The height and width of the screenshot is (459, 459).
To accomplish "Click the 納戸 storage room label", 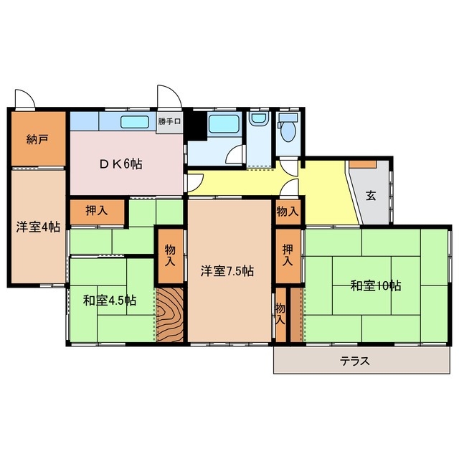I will (x=38, y=138).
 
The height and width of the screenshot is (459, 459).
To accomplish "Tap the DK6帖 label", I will (x=120, y=164).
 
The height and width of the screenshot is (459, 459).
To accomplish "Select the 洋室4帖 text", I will (x=38, y=227).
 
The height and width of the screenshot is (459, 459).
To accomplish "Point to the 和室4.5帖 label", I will (x=109, y=300).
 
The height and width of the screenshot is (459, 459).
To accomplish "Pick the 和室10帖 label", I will (x=376, y=285).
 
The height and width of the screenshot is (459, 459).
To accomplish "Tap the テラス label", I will (x=355, y=361).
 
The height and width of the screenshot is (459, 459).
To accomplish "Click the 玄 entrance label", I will (x=370, y=194).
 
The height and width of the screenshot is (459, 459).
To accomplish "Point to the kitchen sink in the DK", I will (x=135, y=121).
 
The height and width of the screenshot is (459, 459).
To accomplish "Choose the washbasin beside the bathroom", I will (x=258, y=119).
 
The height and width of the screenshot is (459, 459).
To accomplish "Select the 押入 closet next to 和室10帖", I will (x=288, y=255).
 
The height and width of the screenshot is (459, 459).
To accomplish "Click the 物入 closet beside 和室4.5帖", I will (x=170, y=255).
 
